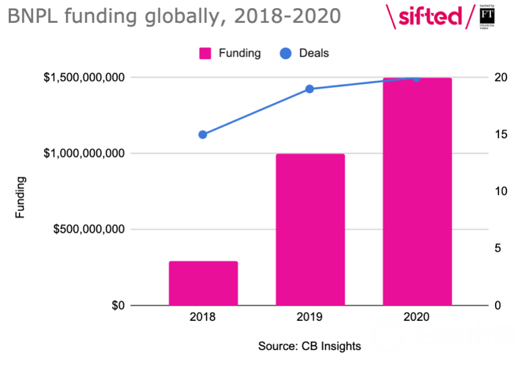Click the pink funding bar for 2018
[203, 283]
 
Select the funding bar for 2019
[310, 229]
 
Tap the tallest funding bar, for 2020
[417, 192]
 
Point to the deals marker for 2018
[203, 134]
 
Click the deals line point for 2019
[310, 89]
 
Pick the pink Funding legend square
[205, 53]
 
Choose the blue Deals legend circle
[285, 53]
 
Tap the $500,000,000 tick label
[90, 230]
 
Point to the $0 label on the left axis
[117, 306]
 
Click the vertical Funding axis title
[21, 197]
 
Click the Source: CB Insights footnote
[309, 346]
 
